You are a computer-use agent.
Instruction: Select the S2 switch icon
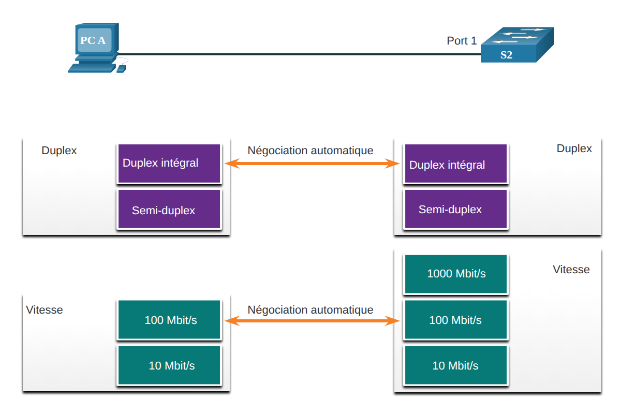(x=517, y=45)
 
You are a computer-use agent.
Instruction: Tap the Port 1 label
(x=462, y=41)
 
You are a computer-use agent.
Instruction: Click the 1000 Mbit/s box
(x=456, y=274)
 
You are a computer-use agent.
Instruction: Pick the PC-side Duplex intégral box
(x=169, y=164)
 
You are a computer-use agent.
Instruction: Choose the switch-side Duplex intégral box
(x=456, y=164)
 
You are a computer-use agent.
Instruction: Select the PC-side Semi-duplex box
(x=169, y=209)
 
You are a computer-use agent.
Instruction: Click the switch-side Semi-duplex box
(x=456, y=209)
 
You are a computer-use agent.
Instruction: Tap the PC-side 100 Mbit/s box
(x=169, y=319)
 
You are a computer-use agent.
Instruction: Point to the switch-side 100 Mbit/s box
(x=456, y=319)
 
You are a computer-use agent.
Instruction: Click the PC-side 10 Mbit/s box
(x=169, y=365)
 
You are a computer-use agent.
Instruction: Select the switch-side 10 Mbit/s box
(x=456, y=365)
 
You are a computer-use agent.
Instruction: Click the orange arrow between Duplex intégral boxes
(x=312, y=164)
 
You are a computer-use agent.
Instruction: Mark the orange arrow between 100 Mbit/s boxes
(x=312, y=321)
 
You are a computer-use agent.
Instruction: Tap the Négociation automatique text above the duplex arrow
(x=310, y=151)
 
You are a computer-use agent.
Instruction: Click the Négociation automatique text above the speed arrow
(x=310, y=310)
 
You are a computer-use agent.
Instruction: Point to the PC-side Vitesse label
(x=45, y=310)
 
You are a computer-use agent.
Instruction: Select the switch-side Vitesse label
(x=571, y=269)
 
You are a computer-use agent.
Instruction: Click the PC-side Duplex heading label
(x=59, y=151)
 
